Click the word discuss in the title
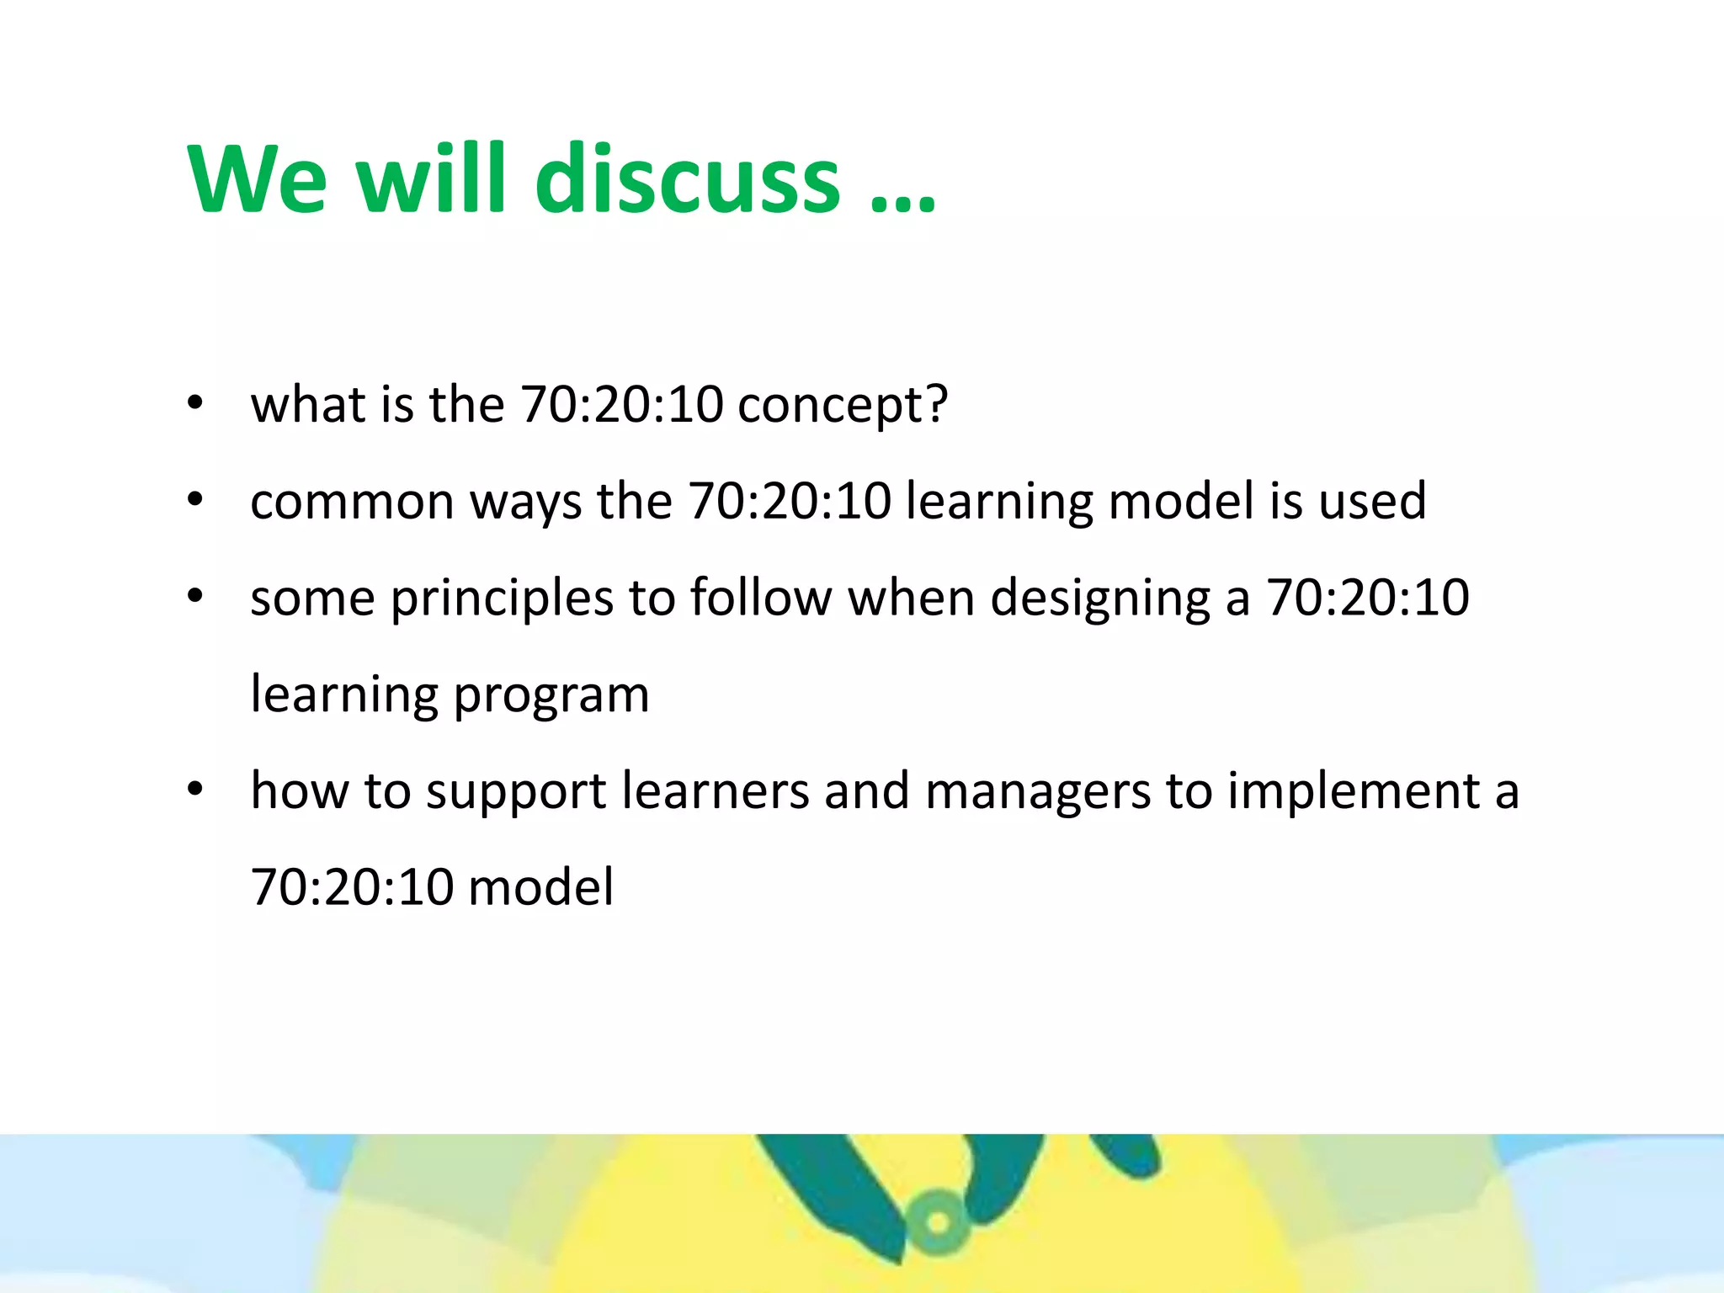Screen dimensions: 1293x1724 pyautogui.click(x=687, y=179)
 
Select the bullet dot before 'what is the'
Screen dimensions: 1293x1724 pyautogui.click(x=195, y=404)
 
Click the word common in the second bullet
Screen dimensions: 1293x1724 pyautogui.click(x=352, y=503)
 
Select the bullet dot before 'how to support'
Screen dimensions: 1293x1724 pyautogui.click(x=195, y=790)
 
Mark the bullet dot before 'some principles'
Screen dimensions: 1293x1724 pyautogui.click(x=195, y=597)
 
